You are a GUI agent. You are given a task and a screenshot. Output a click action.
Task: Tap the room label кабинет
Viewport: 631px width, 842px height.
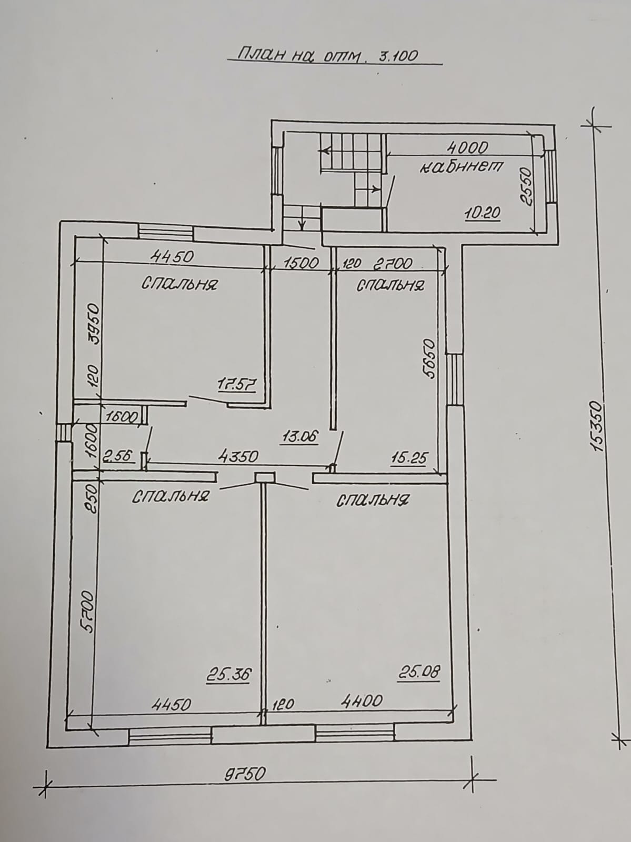(462, 167)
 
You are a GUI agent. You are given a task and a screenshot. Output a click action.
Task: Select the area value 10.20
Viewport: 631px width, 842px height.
(483, 213)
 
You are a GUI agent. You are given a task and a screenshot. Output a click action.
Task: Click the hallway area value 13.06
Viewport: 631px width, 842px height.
(299, 437)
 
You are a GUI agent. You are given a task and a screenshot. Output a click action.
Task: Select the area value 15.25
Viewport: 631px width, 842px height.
(408, 458)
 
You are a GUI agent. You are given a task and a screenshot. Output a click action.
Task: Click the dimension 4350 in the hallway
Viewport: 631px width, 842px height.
(238, 456)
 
